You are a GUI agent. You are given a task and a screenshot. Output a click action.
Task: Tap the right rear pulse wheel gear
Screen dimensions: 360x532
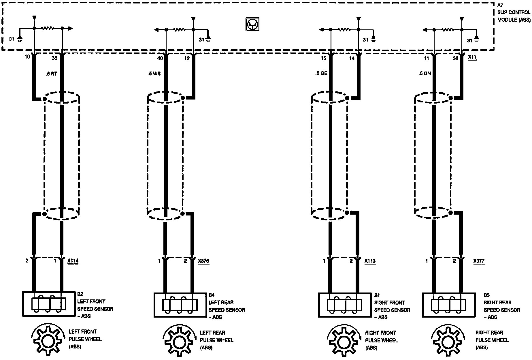[448, 342]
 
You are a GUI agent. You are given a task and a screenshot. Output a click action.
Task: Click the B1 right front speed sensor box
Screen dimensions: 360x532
[345, 305]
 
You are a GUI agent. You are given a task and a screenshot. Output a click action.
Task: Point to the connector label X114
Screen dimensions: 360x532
[73, 261]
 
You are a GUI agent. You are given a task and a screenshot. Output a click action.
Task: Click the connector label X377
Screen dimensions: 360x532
[479, 261]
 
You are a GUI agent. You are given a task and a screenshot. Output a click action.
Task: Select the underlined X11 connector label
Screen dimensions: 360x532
[472, 57]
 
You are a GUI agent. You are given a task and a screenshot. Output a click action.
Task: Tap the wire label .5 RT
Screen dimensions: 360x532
[51, 74]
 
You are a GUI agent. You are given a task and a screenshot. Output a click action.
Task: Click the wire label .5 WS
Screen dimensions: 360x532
[154, 74]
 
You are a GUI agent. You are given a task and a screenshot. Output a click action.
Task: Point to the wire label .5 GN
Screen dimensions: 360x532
[425, 74]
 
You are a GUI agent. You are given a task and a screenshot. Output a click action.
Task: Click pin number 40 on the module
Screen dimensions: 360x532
[160, 58]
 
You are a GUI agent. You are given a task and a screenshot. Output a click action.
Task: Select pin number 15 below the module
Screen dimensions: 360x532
[323, 58]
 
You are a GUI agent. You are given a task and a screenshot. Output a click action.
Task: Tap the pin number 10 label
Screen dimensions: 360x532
[27, 57]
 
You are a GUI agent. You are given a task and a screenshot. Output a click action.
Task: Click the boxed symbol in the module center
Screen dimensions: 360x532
[252, 24]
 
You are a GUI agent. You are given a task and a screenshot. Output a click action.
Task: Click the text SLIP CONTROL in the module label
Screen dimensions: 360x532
[514, 12]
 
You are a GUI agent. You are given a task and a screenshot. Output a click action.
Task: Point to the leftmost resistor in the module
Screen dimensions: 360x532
[48, 28]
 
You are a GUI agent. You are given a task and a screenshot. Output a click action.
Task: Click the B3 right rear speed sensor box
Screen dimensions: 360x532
[448, 305]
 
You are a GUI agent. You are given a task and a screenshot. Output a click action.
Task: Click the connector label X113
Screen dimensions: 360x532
[370, 261]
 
